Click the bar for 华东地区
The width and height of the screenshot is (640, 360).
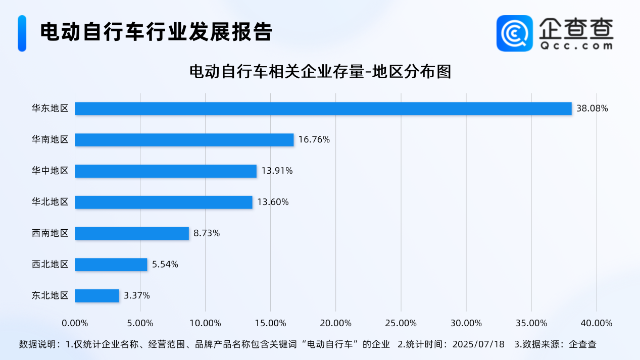[323, 109]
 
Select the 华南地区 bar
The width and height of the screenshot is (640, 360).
[184, 140]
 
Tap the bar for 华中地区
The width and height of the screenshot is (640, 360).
[166, 171]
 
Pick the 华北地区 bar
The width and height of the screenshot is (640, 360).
[164, 202]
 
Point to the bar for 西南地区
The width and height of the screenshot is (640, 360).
[132, 233]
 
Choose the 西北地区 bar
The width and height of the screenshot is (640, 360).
[111, 265]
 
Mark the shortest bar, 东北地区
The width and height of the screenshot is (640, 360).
[97, 296]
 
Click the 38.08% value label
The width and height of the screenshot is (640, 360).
[592, 109]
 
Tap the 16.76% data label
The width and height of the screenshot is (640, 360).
[314, 140]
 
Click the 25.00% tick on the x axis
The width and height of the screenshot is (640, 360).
[401, 323]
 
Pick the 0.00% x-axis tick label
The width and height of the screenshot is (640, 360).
[75, 323]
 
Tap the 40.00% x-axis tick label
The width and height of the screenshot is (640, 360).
[597, 323]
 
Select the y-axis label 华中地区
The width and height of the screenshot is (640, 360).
[50, 171]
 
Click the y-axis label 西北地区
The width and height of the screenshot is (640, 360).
[50, 265]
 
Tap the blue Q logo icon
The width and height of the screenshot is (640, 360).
[514, 33]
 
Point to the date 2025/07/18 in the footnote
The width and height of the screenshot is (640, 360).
[478, 345]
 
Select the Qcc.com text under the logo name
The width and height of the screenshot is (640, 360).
[576, 45]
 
